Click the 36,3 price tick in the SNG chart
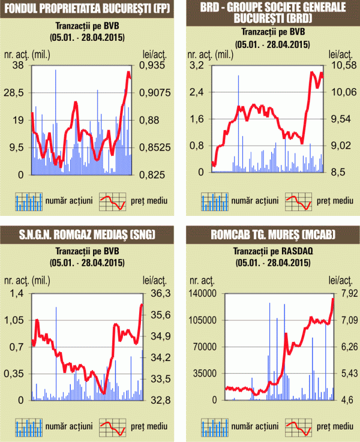[155, 293]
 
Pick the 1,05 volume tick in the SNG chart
[16, 320]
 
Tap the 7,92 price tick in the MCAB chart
[341, 293]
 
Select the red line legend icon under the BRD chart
[298, 202]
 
